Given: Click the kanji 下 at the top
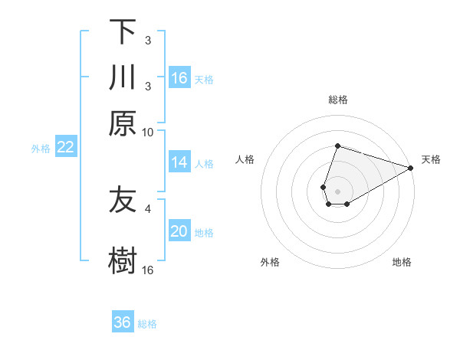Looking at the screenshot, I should click(x=123, y=32).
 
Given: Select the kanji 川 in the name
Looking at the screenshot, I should click(x=123, y=78).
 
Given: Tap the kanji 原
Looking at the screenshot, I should click(x=123, y=123).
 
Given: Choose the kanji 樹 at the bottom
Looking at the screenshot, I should click(x=123, y=260).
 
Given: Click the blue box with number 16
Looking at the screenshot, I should click(x=179, y=78).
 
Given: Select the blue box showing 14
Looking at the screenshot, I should click(x=179, y=162).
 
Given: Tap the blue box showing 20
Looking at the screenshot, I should click(x=179, y=231).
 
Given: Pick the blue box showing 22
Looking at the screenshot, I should click(x=66, y=147).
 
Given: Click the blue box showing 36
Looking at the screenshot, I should click(x=123, y=322).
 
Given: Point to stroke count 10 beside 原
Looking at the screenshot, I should click(x=148, y=132).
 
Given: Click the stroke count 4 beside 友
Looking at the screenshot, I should click(x=148, y=208).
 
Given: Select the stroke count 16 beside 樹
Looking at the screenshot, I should click(x=148, y=270).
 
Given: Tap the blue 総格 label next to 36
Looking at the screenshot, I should click(x=147, y=324).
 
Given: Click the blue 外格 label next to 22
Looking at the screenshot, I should click(x=41, y=149).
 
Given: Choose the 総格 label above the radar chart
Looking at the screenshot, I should click(x=338, y=100).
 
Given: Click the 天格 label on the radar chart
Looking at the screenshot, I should click(x=431, y=159).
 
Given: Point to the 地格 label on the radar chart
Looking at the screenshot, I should click(x=402, y=262).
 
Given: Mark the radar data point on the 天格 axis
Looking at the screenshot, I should click(x=410, y=169).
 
